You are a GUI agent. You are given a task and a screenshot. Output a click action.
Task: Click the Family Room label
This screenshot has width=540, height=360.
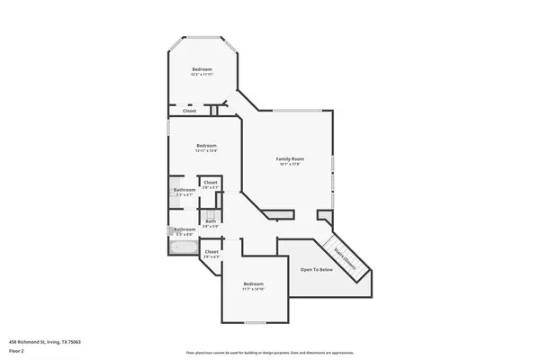[290, 158]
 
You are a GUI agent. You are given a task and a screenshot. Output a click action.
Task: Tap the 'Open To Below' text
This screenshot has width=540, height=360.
[317, 269]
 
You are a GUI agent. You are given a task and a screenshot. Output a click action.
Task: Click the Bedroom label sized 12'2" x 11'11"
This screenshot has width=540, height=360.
[202, 70]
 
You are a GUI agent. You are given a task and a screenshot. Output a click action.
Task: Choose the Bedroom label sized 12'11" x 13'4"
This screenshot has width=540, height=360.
[207, 145]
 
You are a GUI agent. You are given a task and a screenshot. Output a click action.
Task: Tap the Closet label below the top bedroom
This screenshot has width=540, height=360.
[190, 111]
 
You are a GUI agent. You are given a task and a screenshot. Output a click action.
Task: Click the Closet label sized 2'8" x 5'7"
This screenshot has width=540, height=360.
[211, 183]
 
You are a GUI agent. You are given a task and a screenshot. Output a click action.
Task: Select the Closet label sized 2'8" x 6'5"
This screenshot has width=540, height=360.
[211, 252]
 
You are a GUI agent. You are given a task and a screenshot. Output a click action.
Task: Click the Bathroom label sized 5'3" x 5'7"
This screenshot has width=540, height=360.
[184, 190]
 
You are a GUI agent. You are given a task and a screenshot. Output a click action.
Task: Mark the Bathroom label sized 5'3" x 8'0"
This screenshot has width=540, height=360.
[184, 229]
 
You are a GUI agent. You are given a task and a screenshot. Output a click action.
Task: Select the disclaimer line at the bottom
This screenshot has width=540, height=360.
[270, 352]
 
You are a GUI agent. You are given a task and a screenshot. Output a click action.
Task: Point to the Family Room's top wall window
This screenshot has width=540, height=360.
[296, 110]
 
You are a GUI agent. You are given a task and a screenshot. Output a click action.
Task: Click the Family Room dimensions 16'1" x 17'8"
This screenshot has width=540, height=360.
[290, 164]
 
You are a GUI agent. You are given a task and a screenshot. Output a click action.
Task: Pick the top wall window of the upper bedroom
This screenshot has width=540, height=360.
[202, 37]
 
